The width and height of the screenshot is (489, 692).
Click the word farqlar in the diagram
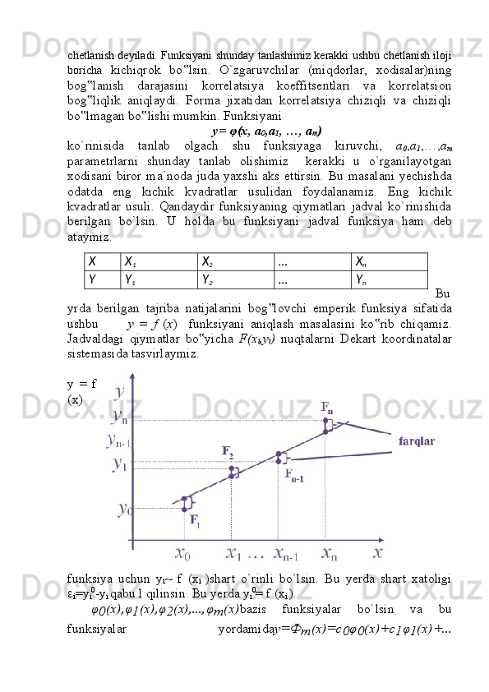point(417,441)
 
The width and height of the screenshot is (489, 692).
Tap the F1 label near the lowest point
point(196,519)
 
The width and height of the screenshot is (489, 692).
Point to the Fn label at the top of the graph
point(327,407)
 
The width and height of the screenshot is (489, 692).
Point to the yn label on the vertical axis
point(119,416)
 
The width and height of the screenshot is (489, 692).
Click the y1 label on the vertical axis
point(120,464)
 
